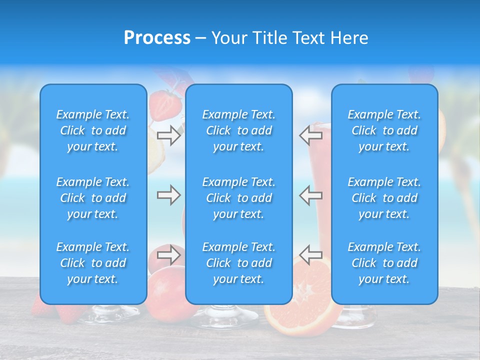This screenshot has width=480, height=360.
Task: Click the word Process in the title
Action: (x=157, y=38)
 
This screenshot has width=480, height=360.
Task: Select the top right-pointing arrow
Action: (x=169, y=135)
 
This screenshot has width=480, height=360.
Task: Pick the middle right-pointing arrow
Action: (x=169, y=195)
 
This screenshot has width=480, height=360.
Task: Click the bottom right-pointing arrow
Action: (x=169, y=254)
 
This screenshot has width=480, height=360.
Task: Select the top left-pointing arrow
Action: (x=310, y=135)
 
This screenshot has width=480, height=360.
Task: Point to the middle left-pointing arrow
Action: (x=310, y=195)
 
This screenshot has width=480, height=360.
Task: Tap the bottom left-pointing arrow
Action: (x=310, y=254)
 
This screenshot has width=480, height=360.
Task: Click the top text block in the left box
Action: (x=93, y=130)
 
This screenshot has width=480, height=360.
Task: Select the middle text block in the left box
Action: (x=93, y=198)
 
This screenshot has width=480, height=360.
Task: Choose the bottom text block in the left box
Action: (x=93, y=263)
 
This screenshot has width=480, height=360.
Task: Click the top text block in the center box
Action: (x=239, y=130)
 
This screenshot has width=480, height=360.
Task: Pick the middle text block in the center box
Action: (x=239, y=198)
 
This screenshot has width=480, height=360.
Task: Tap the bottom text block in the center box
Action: (x=239, y=263)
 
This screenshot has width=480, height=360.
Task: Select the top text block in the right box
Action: (x=384, y=130)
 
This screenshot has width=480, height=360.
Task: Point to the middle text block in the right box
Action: (x=384, y=198)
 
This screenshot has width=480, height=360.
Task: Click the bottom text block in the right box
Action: (x=384, y=263)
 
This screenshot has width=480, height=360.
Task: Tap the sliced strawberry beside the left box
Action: (x=164, y=105)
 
